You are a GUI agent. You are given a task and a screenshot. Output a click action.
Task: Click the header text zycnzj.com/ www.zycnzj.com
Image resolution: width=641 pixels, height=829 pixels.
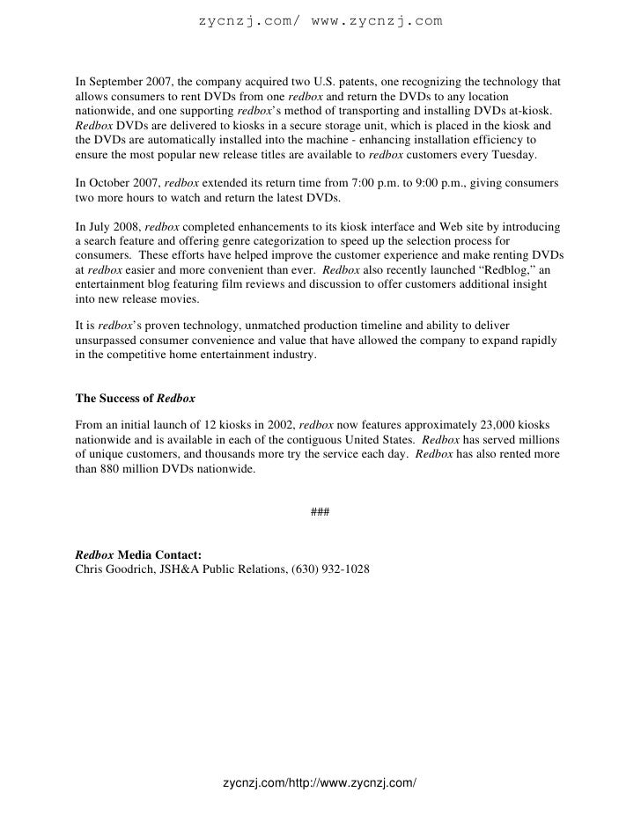click(x=320, y=19)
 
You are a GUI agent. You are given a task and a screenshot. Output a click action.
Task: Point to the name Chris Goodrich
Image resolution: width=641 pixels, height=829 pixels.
click(x=108, y=569)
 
